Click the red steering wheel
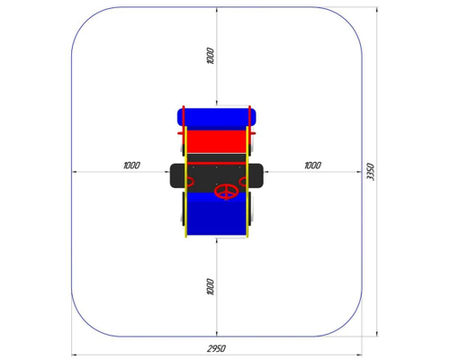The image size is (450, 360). [x=227, y=192]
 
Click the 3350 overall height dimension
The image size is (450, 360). [x=371, y=172]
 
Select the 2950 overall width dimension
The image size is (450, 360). [x=216, y=348]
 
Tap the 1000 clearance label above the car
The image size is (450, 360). [x=211, y=56]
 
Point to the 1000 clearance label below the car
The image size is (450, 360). [x=211, y=287]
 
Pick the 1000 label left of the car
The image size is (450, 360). [x=131, y=166]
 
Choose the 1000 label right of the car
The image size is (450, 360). [x=312, y=166]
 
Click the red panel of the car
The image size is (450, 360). [x=216, y=141]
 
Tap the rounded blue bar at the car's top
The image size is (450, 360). [x=216, y=117]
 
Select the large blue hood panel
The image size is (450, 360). [x=216, y=213]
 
